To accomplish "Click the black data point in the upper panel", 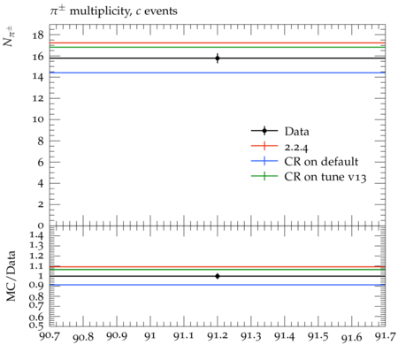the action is [x=218, y=58].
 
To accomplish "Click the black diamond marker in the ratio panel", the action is [x=218, y=276].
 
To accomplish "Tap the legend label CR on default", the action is [x=321, y=162].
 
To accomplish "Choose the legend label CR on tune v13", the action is [x=325, y=177].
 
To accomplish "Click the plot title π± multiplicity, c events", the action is [x=114, y=11].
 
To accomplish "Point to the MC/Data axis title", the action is [x=11, y=276].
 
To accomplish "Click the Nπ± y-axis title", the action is [x=10, y=36].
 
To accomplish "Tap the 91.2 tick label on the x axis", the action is [x=218, y=336].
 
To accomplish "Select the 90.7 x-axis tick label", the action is [x=50, y=336].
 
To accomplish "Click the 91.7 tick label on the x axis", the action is [x=386, y=336].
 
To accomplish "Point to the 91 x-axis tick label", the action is [x=150, y=336].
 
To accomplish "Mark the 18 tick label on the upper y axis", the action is [x=38, y=35].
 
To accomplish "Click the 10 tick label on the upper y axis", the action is [x=38, y=119].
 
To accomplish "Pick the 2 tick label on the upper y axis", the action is [x=41, y=204].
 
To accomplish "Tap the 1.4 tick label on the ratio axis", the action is [x=37, y=235].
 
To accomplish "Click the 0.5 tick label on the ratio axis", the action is [x=36, y=326].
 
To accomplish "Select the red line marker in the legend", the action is [x=264, y=146].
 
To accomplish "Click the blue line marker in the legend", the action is [x=264, y=161].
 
